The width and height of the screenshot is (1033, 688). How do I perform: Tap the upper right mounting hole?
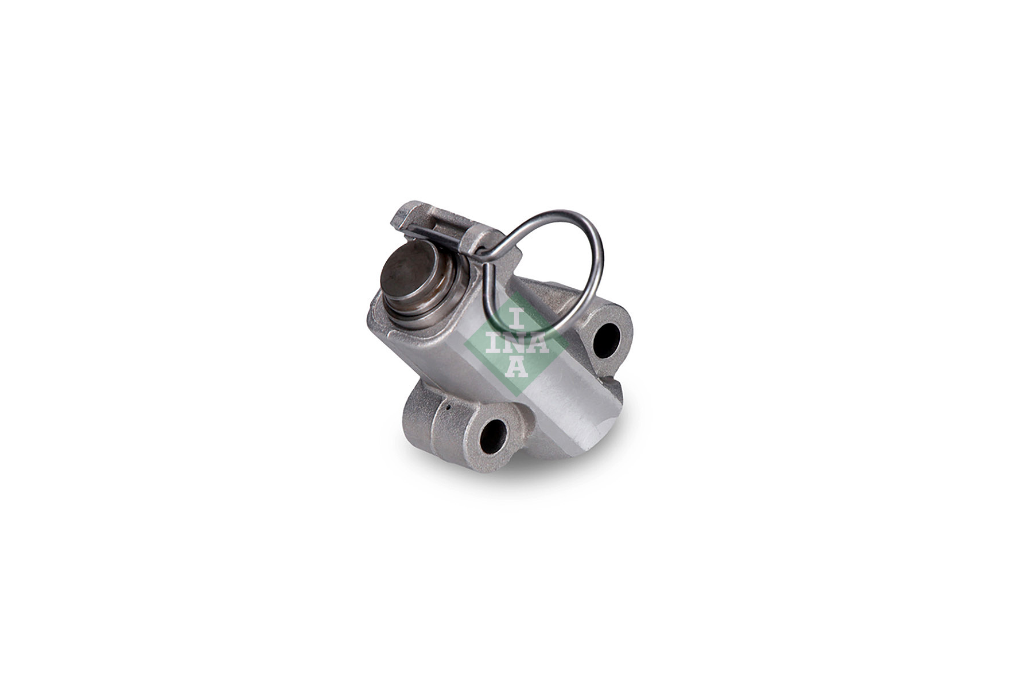coord(606,340)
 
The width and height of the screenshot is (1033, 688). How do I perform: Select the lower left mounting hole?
coord(494,436)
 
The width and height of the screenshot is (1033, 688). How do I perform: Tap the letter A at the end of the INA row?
coord(538,343)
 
